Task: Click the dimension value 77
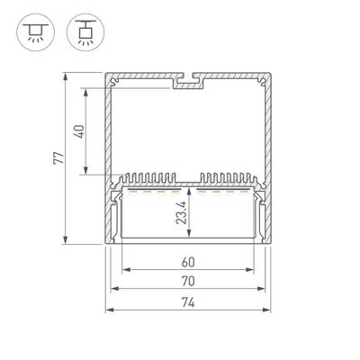58,157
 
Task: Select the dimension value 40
79,131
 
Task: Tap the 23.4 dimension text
182,212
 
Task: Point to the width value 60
188,262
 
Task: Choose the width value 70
188,281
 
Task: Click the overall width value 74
188,302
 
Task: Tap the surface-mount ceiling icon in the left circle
35,31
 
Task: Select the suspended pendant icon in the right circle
85,32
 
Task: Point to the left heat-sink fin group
148,178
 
